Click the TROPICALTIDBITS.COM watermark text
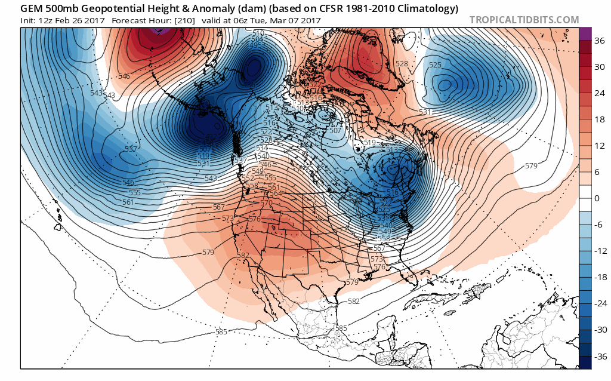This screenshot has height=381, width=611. coord(524,20)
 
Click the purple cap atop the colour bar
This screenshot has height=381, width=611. coord(585,33)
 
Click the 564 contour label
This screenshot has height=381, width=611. coord(275,193)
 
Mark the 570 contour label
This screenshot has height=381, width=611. coord(266,204)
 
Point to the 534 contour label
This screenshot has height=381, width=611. coord(262,148)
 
